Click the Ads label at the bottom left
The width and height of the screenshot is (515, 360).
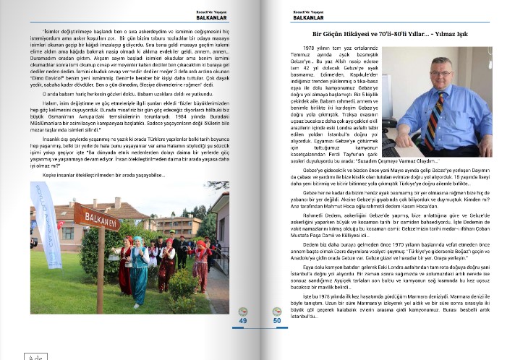(x=13, y=356)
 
